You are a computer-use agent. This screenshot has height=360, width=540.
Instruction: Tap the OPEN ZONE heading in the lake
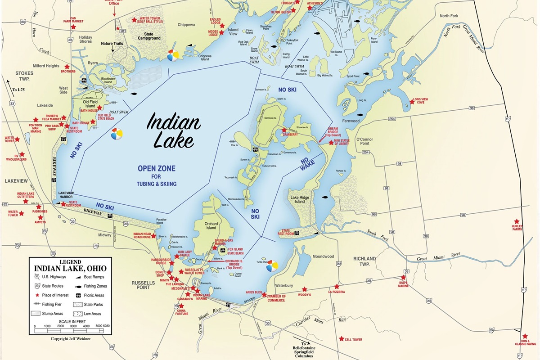coord(157,168)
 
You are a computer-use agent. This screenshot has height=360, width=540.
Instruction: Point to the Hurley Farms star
coord(517,221)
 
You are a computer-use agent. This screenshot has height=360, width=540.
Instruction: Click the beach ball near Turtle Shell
coord(272,267)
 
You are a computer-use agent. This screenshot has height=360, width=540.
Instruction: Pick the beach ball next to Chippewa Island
coord(173,55)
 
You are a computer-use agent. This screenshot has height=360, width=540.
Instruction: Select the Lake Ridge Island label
coord(301,199)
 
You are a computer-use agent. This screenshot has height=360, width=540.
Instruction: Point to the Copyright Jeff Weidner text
coord(71,338)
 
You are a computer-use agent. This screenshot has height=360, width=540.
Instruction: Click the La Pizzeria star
coord(336,286)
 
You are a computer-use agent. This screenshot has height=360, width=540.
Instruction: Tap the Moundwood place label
coord(323,256)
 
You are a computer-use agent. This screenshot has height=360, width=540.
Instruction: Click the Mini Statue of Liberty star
coord(331,143)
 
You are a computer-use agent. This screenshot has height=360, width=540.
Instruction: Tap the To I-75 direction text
coord(18,90)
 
